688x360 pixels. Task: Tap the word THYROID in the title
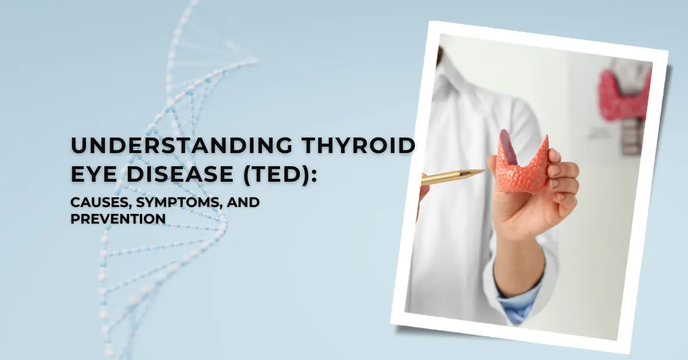365,146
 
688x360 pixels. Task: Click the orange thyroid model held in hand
522,166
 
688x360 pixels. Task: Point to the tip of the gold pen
483,171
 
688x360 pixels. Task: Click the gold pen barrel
450,177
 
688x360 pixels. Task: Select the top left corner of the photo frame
431,23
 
